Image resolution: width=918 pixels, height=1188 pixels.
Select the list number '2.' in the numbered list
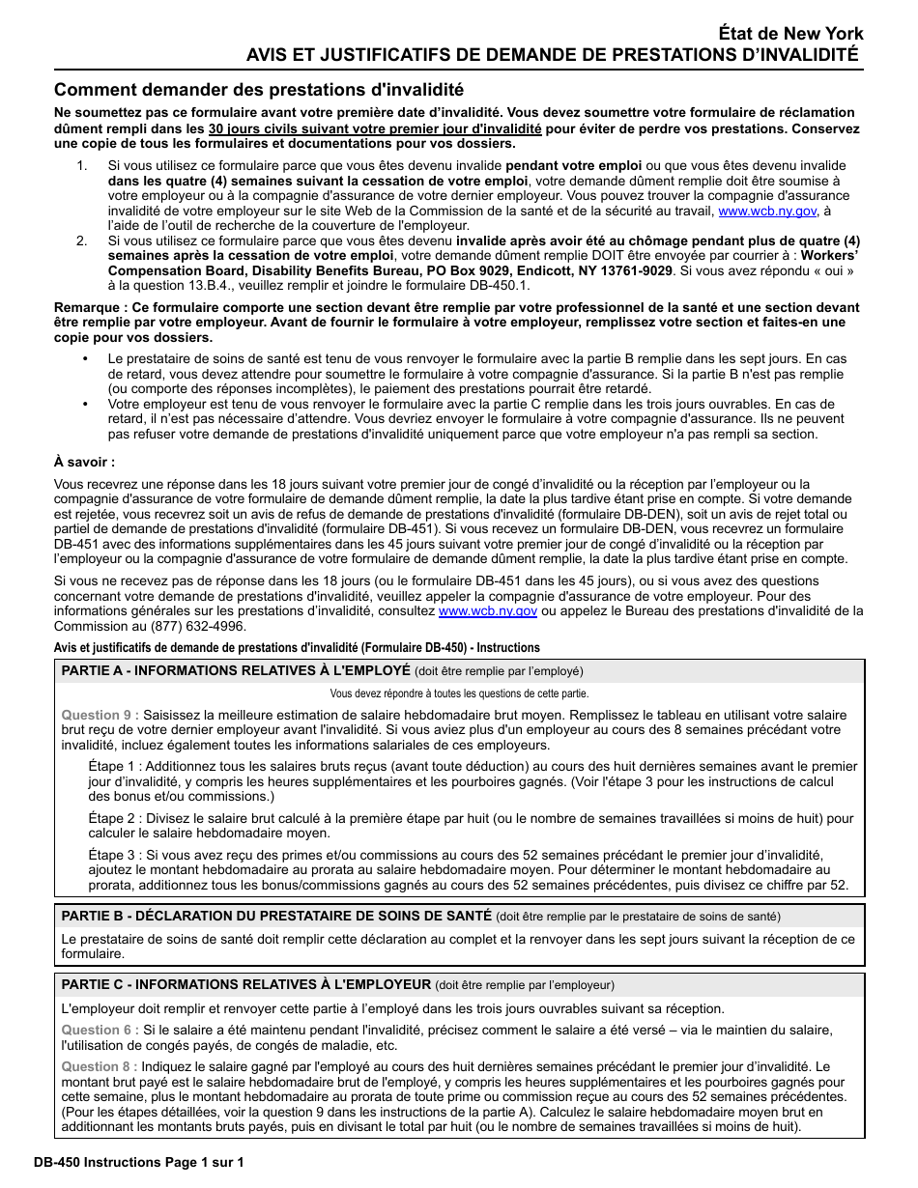coord(82,240)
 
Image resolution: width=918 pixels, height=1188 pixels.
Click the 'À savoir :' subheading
coord(84,463)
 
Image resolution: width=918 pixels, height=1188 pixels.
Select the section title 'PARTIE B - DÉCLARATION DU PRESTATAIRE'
coord(276,916)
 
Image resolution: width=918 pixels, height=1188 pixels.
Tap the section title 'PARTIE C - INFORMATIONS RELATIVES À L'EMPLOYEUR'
coord(245,984)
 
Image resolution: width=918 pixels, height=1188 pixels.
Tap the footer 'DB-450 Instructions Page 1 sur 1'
coord(137,1162)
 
